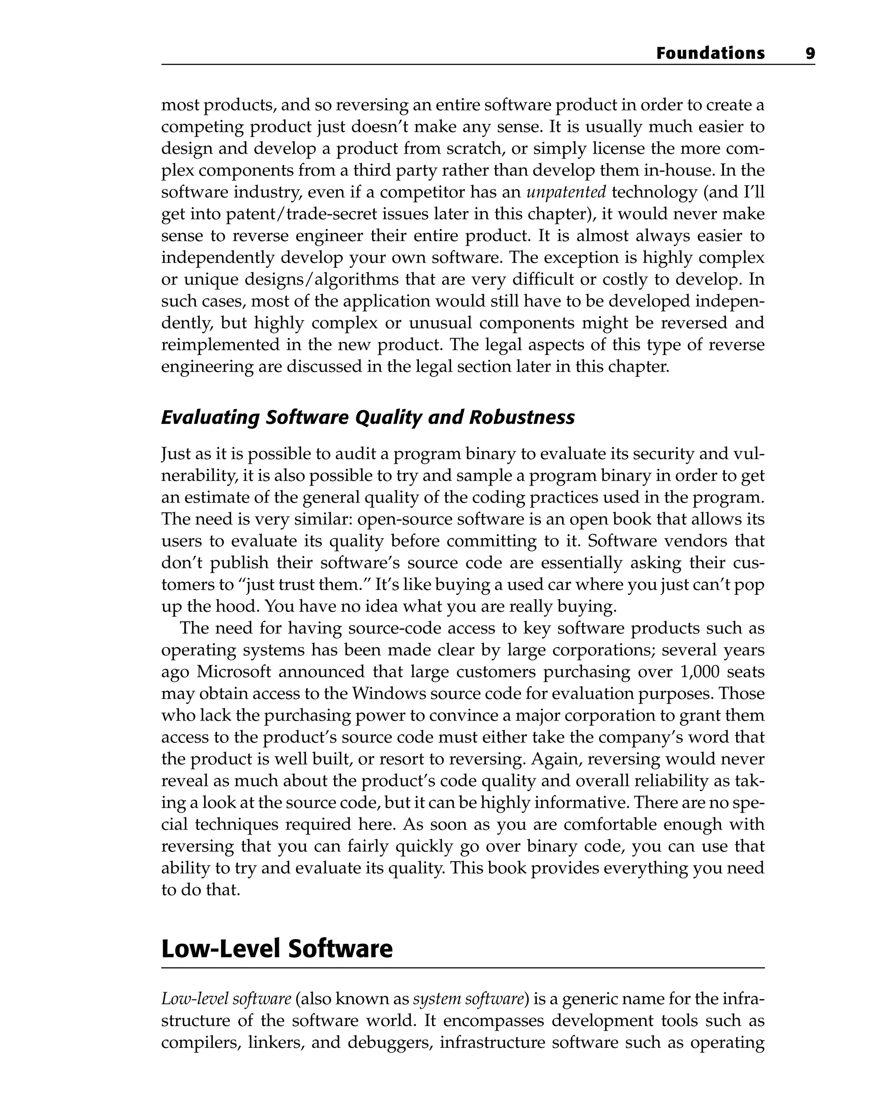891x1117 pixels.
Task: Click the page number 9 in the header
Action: click(810, 54)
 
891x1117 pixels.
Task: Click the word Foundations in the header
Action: click(710, 54)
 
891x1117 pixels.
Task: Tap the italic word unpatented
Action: click(566, 192)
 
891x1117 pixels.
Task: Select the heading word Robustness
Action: click(522, 417)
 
